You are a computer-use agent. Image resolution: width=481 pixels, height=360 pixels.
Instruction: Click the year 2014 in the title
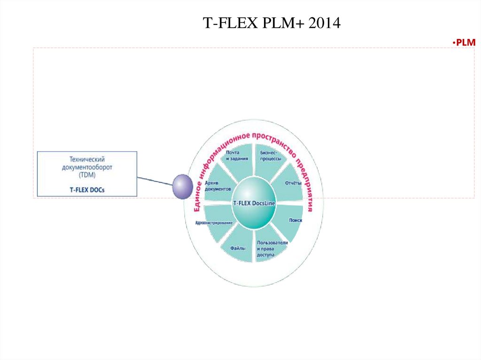point(324,23)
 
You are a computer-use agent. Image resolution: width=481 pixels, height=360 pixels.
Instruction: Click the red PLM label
point(465,43)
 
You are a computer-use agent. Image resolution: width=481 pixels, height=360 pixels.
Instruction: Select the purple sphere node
point(182,186)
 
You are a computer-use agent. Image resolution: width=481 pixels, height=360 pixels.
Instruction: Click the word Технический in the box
point(87,159)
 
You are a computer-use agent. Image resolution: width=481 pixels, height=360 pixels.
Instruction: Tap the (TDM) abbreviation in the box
point(87,174)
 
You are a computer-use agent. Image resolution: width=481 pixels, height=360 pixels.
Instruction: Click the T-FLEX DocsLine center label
point(254,203)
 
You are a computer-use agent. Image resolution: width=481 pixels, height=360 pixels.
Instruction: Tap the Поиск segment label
point(295,220)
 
